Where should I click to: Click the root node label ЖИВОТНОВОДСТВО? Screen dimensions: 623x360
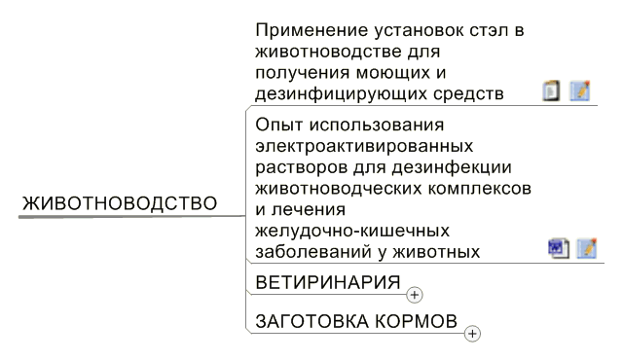coord(120,203)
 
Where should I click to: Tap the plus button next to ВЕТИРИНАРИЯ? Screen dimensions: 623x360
coord(415,295)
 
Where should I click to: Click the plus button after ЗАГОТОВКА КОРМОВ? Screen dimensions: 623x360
coord(472,334)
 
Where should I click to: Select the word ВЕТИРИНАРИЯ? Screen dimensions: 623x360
coord(328,282)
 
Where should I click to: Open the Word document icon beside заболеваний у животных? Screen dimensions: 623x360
coord(559,248)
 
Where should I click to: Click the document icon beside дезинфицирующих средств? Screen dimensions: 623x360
coord(552,90)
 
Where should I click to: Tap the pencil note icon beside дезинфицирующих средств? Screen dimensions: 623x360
coord(580,90)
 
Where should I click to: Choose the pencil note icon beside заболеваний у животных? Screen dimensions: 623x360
coord(587,248)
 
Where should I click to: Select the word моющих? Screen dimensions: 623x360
coord(392,73)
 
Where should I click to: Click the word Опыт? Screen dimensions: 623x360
coord(279,126)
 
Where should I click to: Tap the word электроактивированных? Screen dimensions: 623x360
coord(364,147)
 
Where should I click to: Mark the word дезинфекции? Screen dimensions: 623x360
coord(452,168)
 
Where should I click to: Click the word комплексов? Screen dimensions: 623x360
coord(480,189)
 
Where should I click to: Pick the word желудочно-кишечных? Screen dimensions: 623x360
coord(352,231)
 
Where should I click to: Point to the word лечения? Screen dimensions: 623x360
coord(309,210)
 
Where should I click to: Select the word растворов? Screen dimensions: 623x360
coord(302,168)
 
